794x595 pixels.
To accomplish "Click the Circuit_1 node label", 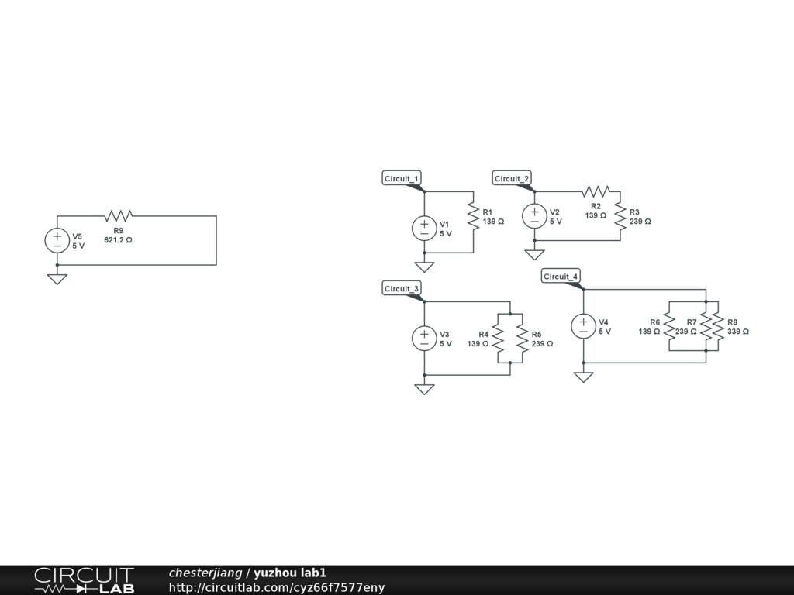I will coord(402,179).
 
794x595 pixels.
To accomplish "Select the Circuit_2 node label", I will coord(512,179).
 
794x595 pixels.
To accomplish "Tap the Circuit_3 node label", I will coord(402,289).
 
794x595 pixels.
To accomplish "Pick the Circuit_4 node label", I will coord(561,277).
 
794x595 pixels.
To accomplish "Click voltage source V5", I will coord(57,240).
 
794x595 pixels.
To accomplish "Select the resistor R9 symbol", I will coord(119,215).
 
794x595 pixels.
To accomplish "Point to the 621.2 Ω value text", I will coord(118,240).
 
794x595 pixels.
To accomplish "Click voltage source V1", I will coord(424,228).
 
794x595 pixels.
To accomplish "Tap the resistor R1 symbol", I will coord(473,215).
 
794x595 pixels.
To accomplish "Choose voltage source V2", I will coord(534,215).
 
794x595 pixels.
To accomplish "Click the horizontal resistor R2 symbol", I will coord(595,191).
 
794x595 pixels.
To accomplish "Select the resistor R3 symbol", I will coord(620,215).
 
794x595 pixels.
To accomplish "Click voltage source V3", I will coord(424,338).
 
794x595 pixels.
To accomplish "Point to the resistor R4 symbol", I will coord(498,338).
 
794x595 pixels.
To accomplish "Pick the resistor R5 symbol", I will coord(522,338).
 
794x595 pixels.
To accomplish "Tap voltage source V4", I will coord(583,325).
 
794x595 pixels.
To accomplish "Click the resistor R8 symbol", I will coord(718,325).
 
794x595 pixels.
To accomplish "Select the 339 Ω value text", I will coord(738,332).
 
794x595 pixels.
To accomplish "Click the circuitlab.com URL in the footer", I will coord(276,588).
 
